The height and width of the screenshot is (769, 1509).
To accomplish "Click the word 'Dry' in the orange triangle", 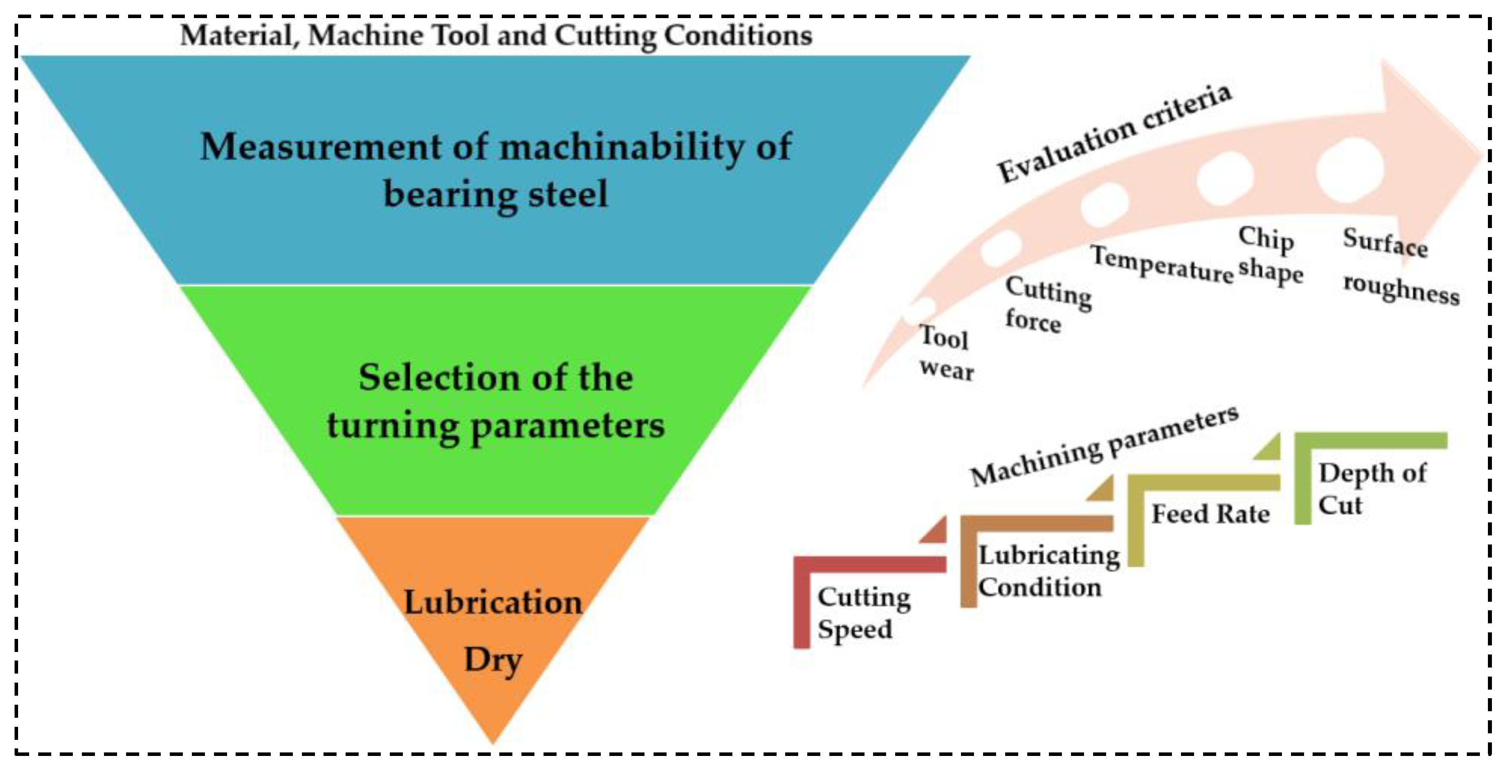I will tap(493, 660).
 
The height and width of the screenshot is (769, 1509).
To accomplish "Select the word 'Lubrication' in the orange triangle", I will tap(493, 602).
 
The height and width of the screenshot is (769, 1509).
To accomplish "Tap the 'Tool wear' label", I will tap(945, 353).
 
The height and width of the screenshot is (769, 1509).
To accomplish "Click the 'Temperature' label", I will tap(1161, 265).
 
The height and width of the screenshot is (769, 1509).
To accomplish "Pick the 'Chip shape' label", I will tap(1269, 255).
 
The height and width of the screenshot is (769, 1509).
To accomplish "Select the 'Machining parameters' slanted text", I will tap(1104, 447).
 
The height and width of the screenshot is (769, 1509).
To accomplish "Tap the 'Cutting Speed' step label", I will tap(863, 613).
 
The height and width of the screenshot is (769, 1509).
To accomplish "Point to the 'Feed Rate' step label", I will tap(1210, 514).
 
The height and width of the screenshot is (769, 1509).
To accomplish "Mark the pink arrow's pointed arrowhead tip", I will tap(1482, 157).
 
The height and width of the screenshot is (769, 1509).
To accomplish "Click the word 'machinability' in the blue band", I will tap(620, 147).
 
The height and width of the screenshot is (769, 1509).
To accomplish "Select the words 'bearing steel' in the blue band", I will tap(496, 194).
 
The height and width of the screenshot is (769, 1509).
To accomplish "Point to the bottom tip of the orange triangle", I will tap(493, 741).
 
